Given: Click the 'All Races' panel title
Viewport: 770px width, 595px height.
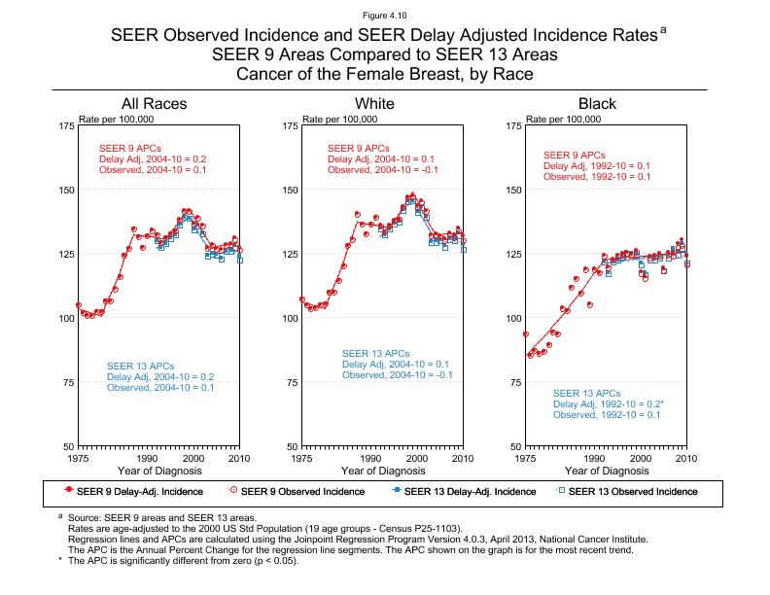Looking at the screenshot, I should [x=154, y=104].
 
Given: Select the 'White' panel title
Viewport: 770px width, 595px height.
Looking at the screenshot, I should [x=375, y=104].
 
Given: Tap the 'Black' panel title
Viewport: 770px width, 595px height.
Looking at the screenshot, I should [x=597, y=104].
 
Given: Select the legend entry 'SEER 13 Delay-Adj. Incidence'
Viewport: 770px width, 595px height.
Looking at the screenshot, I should [x=470, y=491].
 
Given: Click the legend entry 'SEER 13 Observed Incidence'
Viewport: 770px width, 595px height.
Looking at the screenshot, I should [x=633, y=491].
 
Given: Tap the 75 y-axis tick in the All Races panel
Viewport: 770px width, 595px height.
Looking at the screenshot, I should [x=66, y=383].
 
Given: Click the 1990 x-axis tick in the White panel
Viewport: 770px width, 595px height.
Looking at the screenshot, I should [x=370, y=458].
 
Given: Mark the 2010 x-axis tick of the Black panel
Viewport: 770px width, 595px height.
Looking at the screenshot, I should [x=686, y=458].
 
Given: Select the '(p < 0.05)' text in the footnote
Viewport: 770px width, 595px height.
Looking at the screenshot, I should [x=267, y=561].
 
